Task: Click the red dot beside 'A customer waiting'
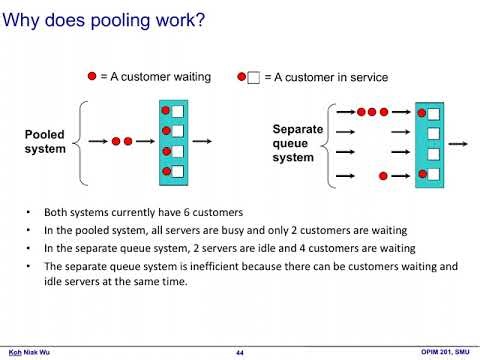[92, 76]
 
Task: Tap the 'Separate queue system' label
[297, 143]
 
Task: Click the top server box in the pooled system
[177, 111]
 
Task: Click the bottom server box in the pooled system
[177, 172]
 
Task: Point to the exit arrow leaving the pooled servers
[207, 141]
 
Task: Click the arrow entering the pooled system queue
[99, 141]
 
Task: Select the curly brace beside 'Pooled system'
[81, 141]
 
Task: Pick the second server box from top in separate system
[433, 132]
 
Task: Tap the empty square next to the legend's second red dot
[253, 78]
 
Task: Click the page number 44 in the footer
[240, 351]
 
